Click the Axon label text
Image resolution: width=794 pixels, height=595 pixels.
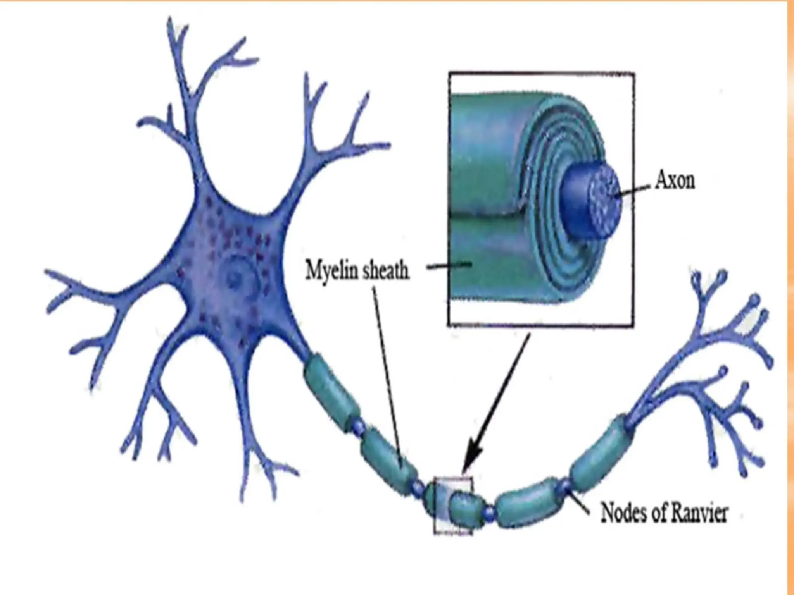675,181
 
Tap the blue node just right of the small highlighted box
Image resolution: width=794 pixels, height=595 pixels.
490,513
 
